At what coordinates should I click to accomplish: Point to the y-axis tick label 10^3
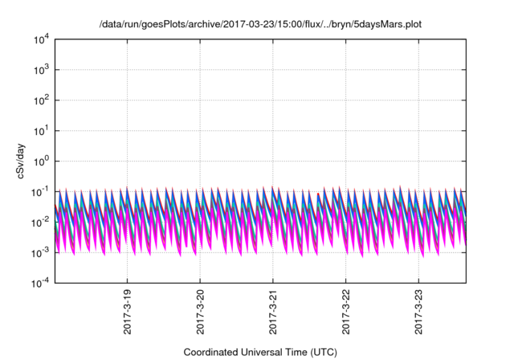click(x=40, y=70)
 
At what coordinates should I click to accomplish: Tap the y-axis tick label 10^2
click(x=40, y=100)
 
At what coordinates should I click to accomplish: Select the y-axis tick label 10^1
click(x=40, y=131)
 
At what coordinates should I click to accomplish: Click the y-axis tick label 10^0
click(x=40, y=162)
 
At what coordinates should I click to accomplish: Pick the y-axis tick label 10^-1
click(x=39, y=192)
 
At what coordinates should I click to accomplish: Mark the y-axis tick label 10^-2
click(x=39, y=223)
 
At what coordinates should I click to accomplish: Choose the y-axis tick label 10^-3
click(x=39, y=253)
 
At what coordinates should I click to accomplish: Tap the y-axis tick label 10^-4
click(x=39, y=284)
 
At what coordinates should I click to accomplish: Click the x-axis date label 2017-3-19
click(x=128, y=313)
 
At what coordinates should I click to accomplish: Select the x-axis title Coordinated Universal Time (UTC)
click(x=259, y=352)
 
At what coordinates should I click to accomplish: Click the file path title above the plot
click(x=259, y=24)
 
